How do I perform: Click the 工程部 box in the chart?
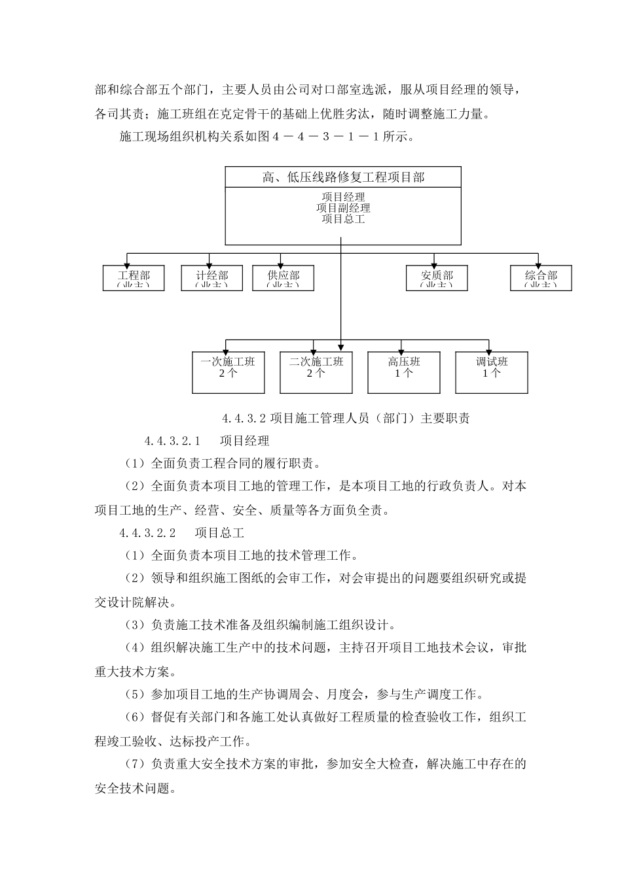tap(134, 278)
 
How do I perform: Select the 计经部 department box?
tap(212, 278)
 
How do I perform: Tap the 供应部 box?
tap(284, 278)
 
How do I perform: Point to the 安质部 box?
tap(437, 278)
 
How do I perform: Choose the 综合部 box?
tap(541, 278)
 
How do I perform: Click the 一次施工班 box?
tap(228, 372)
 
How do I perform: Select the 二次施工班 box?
tap(316, 372)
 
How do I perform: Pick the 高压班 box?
tap(404, 372)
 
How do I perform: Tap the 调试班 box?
tap(492, 372)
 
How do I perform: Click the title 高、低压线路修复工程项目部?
tap(343, 177)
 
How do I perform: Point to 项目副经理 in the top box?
tap(343, 208)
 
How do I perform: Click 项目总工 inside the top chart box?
tap(343, 219)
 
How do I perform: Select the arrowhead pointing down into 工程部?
tap(127, 262)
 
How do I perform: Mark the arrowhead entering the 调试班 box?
tap(488, 349)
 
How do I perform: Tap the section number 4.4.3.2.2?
tap(148, 534)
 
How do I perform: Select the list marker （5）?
tap(134, 695)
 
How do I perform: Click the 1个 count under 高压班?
tap(404, 373)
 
